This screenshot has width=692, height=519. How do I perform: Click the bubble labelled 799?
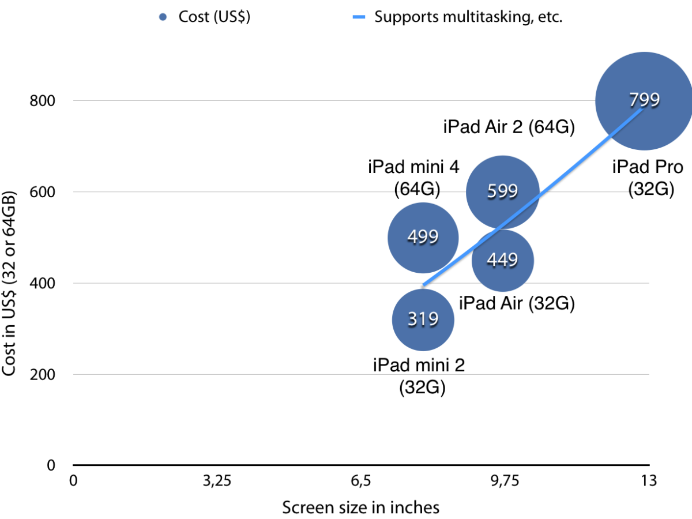click(x=644, y=100)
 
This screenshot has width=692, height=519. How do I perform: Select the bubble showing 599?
click(x=502, y=191)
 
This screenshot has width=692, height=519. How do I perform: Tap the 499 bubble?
click(x=423, y=237)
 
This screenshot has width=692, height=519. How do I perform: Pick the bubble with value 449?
click(x=502, y=260)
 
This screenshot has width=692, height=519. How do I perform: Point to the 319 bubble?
click(x=423, y=319)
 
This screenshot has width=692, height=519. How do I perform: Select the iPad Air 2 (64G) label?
click(x=509, y=127)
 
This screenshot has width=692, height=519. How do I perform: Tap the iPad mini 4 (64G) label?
click(x=414, y=177)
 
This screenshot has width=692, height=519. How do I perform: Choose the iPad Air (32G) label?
click(x=517, y=303)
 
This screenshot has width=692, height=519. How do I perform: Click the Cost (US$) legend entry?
click(x=206, y=16)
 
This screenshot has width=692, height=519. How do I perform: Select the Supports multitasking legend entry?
click(x=458, y=16)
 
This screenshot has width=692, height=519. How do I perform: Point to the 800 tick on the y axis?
click(x=43, y=101)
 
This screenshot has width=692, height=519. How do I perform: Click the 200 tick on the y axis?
click(x=43, y=374)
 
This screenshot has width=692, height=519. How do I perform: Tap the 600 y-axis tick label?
click(x=43, y=192)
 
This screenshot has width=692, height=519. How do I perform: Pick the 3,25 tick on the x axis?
click(x=216, y=481)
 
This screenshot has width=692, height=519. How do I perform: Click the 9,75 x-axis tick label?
click(x=505, y=481)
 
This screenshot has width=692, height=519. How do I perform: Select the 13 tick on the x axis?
click(x=649, y=481)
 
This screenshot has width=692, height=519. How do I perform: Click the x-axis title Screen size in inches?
click(x=360, y=507)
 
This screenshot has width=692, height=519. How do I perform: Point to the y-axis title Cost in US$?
click(x=10, y=283)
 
